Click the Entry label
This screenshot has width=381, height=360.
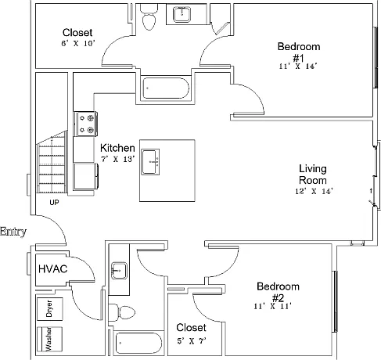pyautogui.click(x=13, y=232)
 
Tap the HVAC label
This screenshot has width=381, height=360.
pyautogui.click(x=53, y=269)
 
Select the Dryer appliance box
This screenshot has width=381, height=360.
pyautogui.click(x=49, y=309)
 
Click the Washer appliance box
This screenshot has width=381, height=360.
pyautogui.click(x=49, y=339)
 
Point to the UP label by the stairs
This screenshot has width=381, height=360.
pyautogui.click(x=54, y=202)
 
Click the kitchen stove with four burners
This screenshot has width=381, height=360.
pyautogui.click(x=86, y=124)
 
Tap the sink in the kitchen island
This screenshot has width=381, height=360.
pyautogui.click(x=150, y=162)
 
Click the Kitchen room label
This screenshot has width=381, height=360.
pyautogui.click(x=117, y=148)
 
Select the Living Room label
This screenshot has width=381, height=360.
pyautogui.click(x=313, y=175)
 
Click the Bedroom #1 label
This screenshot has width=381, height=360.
pyautogui.click(x=299, y=52)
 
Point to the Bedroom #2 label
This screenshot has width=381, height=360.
pyautogui.click(x=278, y=292)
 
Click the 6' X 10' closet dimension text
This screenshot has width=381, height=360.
pyautogui.click(x=78, y=43)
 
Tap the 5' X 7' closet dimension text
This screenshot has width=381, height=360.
pyautogui.click(x=192, y=340)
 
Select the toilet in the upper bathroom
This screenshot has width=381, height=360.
pyautogui.click(x=149, y=17)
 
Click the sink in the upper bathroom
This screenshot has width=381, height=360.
pyautogui.click(x=182, y=15)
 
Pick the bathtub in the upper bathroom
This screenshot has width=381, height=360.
pyautogui.click(x=166, y=88)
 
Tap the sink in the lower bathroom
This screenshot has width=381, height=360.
pyautogui.click(x=119, y=271)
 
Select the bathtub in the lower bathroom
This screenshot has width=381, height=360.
pyautogui.click(x=138, y=343)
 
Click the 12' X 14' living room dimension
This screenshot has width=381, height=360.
pyautogui.click(x=314, y=191)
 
